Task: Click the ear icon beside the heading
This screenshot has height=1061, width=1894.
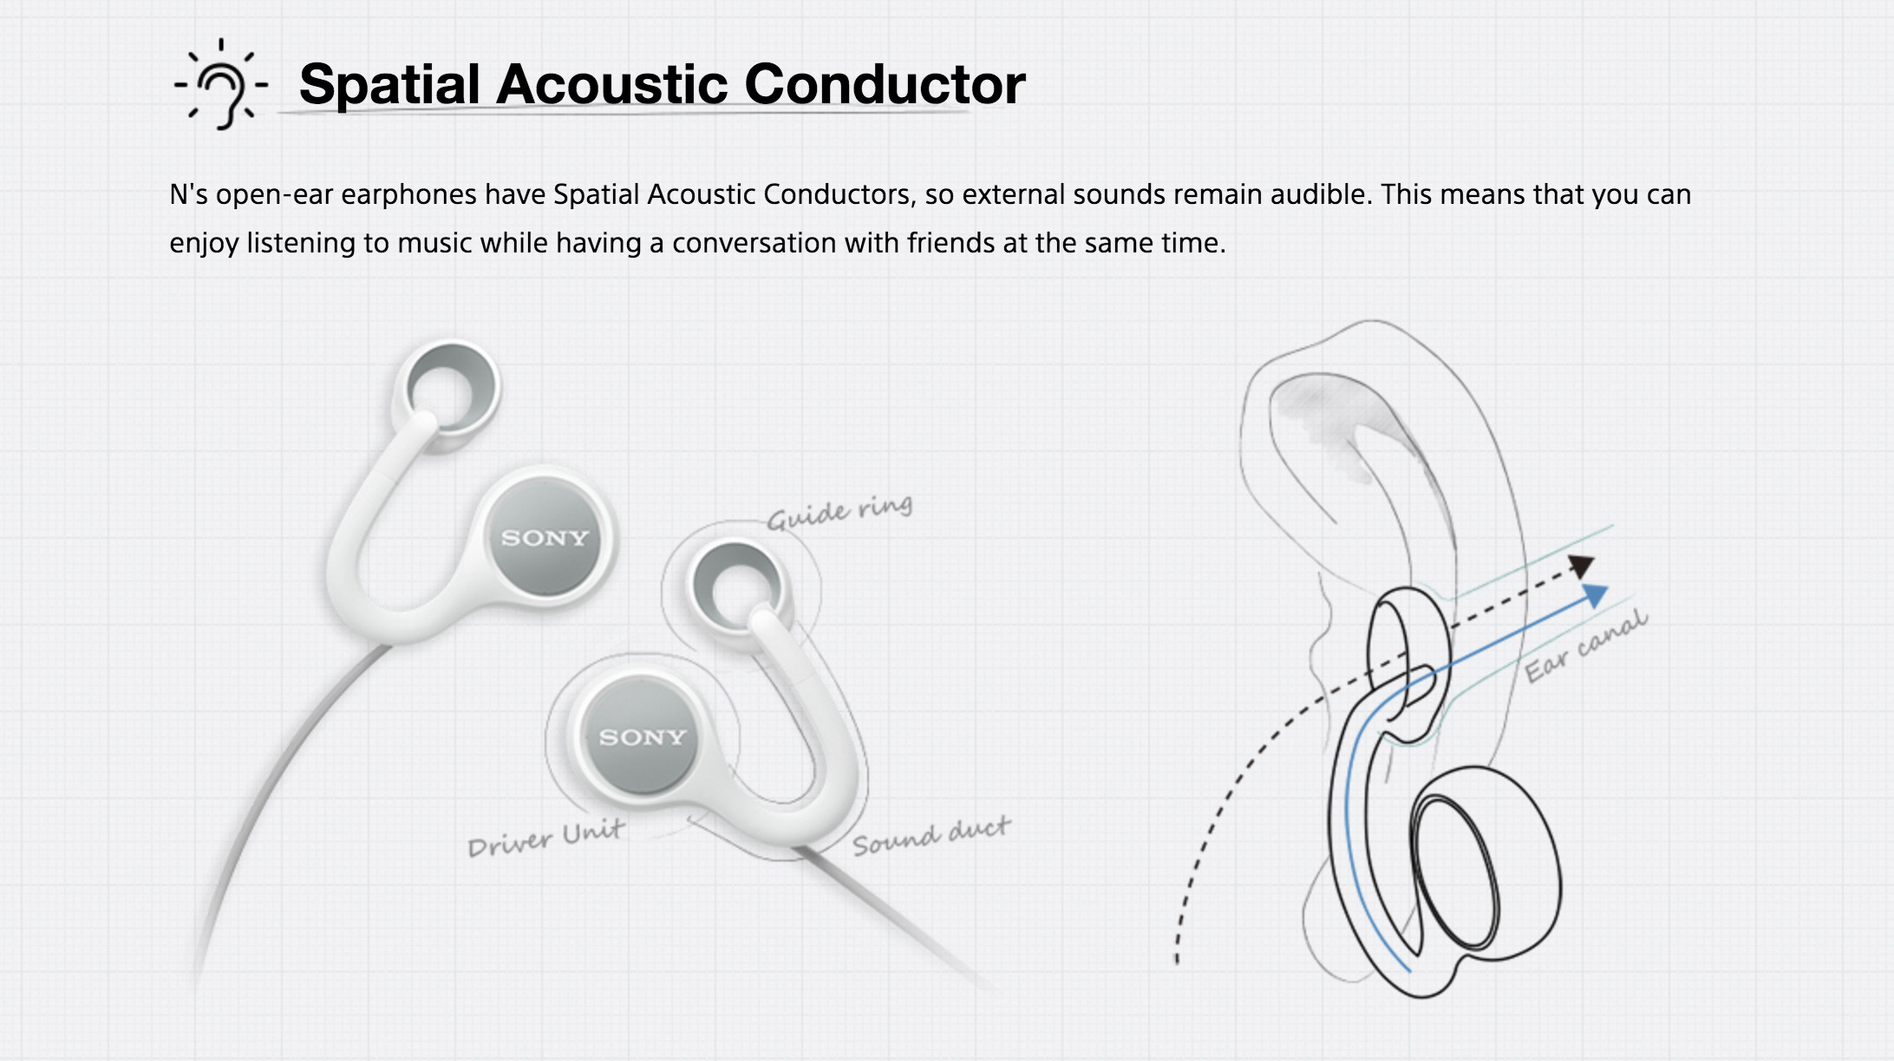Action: coord(222,85)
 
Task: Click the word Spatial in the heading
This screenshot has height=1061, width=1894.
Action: coord(389,85)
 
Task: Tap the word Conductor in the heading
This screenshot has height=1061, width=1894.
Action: coord(885,84)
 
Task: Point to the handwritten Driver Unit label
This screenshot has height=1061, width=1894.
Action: coord(545,838)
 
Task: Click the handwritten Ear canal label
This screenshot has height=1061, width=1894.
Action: coord(1586,646)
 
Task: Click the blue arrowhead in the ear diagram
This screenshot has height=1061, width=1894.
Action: coord(1595,595)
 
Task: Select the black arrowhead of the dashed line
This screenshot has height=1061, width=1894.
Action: coord(1583,566)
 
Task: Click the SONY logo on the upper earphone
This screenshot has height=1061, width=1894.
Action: coord(545,538)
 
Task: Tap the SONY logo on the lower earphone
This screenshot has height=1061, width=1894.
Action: coord(643,737)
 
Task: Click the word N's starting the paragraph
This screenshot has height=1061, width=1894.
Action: coord(189,193)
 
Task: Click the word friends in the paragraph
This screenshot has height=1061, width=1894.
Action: coord(951,243)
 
